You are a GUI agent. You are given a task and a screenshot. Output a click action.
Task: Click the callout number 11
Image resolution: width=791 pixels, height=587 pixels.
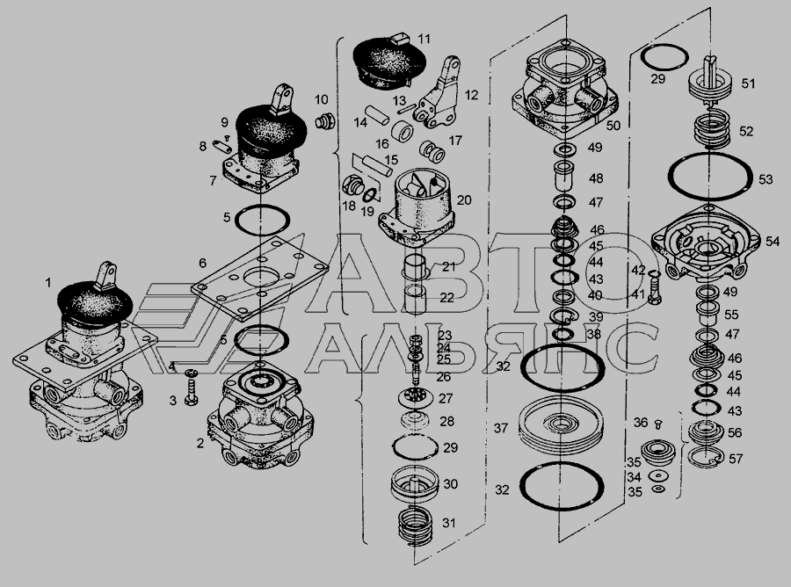425,39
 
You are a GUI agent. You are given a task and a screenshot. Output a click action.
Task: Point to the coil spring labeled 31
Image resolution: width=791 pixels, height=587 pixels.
414,527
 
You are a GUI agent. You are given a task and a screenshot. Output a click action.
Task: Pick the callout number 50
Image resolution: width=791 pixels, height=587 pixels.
613,125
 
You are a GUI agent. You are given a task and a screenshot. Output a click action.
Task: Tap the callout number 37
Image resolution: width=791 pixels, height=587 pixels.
500,428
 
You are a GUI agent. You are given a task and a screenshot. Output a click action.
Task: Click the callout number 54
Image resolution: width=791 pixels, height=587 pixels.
773,241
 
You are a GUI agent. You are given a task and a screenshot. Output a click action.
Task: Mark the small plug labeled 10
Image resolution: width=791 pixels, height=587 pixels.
322,121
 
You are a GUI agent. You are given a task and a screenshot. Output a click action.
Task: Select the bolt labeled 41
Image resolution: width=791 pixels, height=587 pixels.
653,288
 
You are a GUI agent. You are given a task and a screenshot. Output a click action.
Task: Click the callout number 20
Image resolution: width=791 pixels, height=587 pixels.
463,200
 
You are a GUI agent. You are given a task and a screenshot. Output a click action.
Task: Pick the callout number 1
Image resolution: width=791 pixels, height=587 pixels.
48,283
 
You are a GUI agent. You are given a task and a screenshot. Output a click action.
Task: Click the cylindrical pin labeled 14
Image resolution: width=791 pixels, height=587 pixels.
378,114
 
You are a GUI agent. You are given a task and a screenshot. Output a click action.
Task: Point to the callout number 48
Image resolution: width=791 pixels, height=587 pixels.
596,178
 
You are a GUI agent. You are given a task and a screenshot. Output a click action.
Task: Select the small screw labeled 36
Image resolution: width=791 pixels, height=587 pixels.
659,424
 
